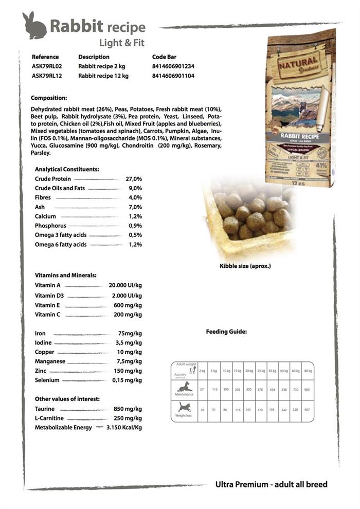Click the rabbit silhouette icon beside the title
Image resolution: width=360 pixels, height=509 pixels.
point(34,26)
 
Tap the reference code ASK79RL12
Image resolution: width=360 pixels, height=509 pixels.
point(47,76)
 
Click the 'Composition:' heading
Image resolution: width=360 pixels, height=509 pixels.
point(49,98)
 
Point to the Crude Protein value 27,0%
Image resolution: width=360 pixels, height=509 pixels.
point(134,179)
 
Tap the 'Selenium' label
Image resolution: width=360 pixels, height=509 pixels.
point(47,380)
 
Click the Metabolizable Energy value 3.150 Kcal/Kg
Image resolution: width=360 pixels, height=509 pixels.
point(124,428)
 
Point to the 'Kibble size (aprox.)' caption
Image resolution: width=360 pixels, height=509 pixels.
point(245,266)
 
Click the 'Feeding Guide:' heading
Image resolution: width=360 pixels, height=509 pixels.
point(226,332)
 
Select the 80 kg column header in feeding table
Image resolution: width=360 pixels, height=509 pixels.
point(308,371)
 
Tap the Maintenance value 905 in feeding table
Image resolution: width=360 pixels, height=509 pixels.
point(307,390)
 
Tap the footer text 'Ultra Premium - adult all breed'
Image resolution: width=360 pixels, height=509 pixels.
point(271,484)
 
